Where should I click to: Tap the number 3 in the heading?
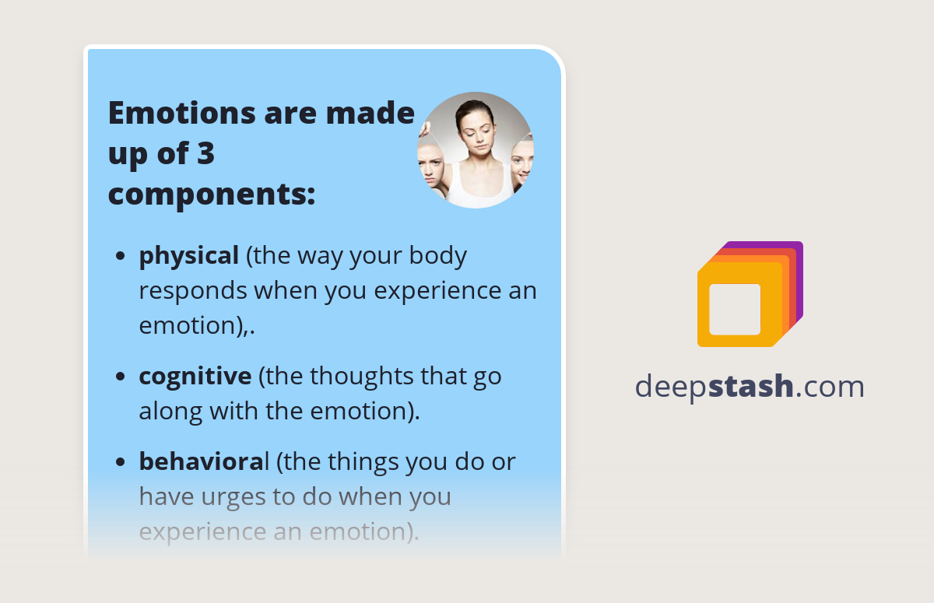pos(205,154)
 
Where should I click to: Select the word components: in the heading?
pos(211,195)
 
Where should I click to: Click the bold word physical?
pos(188,256)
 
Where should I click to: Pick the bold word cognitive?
pos(195,377)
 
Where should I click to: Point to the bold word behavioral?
pos(204,462)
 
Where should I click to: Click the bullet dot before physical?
pos(121,257)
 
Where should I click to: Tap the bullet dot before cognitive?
pos(121,377)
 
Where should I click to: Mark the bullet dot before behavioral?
pos(121,463)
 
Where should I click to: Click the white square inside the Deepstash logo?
pos(735,309)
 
